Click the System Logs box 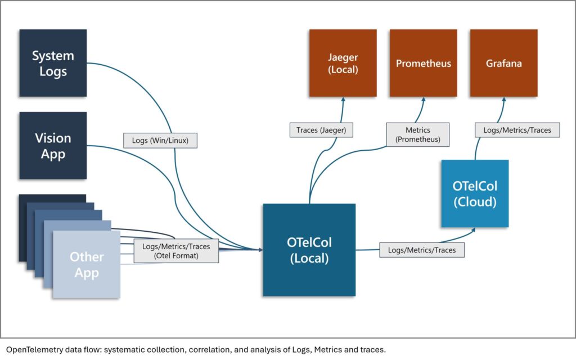tap(53, 63)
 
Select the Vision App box tap(53, 145)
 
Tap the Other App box tap(87, 264)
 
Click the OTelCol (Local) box tap(309, 250)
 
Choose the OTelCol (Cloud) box tap(475, 193)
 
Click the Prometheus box tap(423, 63)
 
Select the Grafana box tap(503, 63)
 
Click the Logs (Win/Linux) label tap(160, 140)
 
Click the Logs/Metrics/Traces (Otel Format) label tap(176, 250)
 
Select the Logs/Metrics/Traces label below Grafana tap(517, 130)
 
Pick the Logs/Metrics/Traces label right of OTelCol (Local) tap(422, 249)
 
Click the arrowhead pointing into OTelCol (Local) tap(260, 249)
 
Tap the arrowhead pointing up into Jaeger tap(344, 100)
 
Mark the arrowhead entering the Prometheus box tap(423, 100)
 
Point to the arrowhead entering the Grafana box tap(503, 100)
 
